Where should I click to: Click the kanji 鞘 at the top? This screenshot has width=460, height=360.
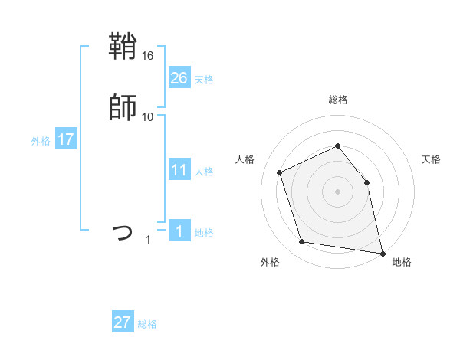click(x=123, y=48)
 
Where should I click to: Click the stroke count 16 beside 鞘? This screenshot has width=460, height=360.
click(x=148, y=57)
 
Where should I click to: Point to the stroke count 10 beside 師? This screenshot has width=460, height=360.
click(x=148, y=116)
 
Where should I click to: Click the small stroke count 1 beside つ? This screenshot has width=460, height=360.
click(x=149, y=240)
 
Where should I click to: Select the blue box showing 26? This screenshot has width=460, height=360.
click(x=179, y=78)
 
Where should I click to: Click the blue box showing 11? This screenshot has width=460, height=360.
click(x=179, y=170)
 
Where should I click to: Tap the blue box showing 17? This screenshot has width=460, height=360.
click(x=66, y=140)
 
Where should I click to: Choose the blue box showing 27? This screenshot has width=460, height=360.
click(x=123, y=322)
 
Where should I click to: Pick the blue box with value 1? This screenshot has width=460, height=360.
click(x=179, y=231)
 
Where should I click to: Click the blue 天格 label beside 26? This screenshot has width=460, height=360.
click(x=204, y=79)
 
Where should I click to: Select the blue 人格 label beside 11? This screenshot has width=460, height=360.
click(x=204, y=172)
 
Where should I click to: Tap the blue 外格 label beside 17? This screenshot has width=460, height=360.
click(x=41, y=141)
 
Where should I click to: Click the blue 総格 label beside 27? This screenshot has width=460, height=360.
click(x=147, y=324)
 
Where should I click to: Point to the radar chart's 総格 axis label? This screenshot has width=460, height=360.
click(x=337, y=100)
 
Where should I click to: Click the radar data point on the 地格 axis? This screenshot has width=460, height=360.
click(x=382, y=252)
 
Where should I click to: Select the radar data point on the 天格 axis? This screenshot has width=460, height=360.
click(x=366, y=182)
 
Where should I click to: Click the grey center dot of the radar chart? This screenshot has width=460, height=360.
click(x=337, y=191)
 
